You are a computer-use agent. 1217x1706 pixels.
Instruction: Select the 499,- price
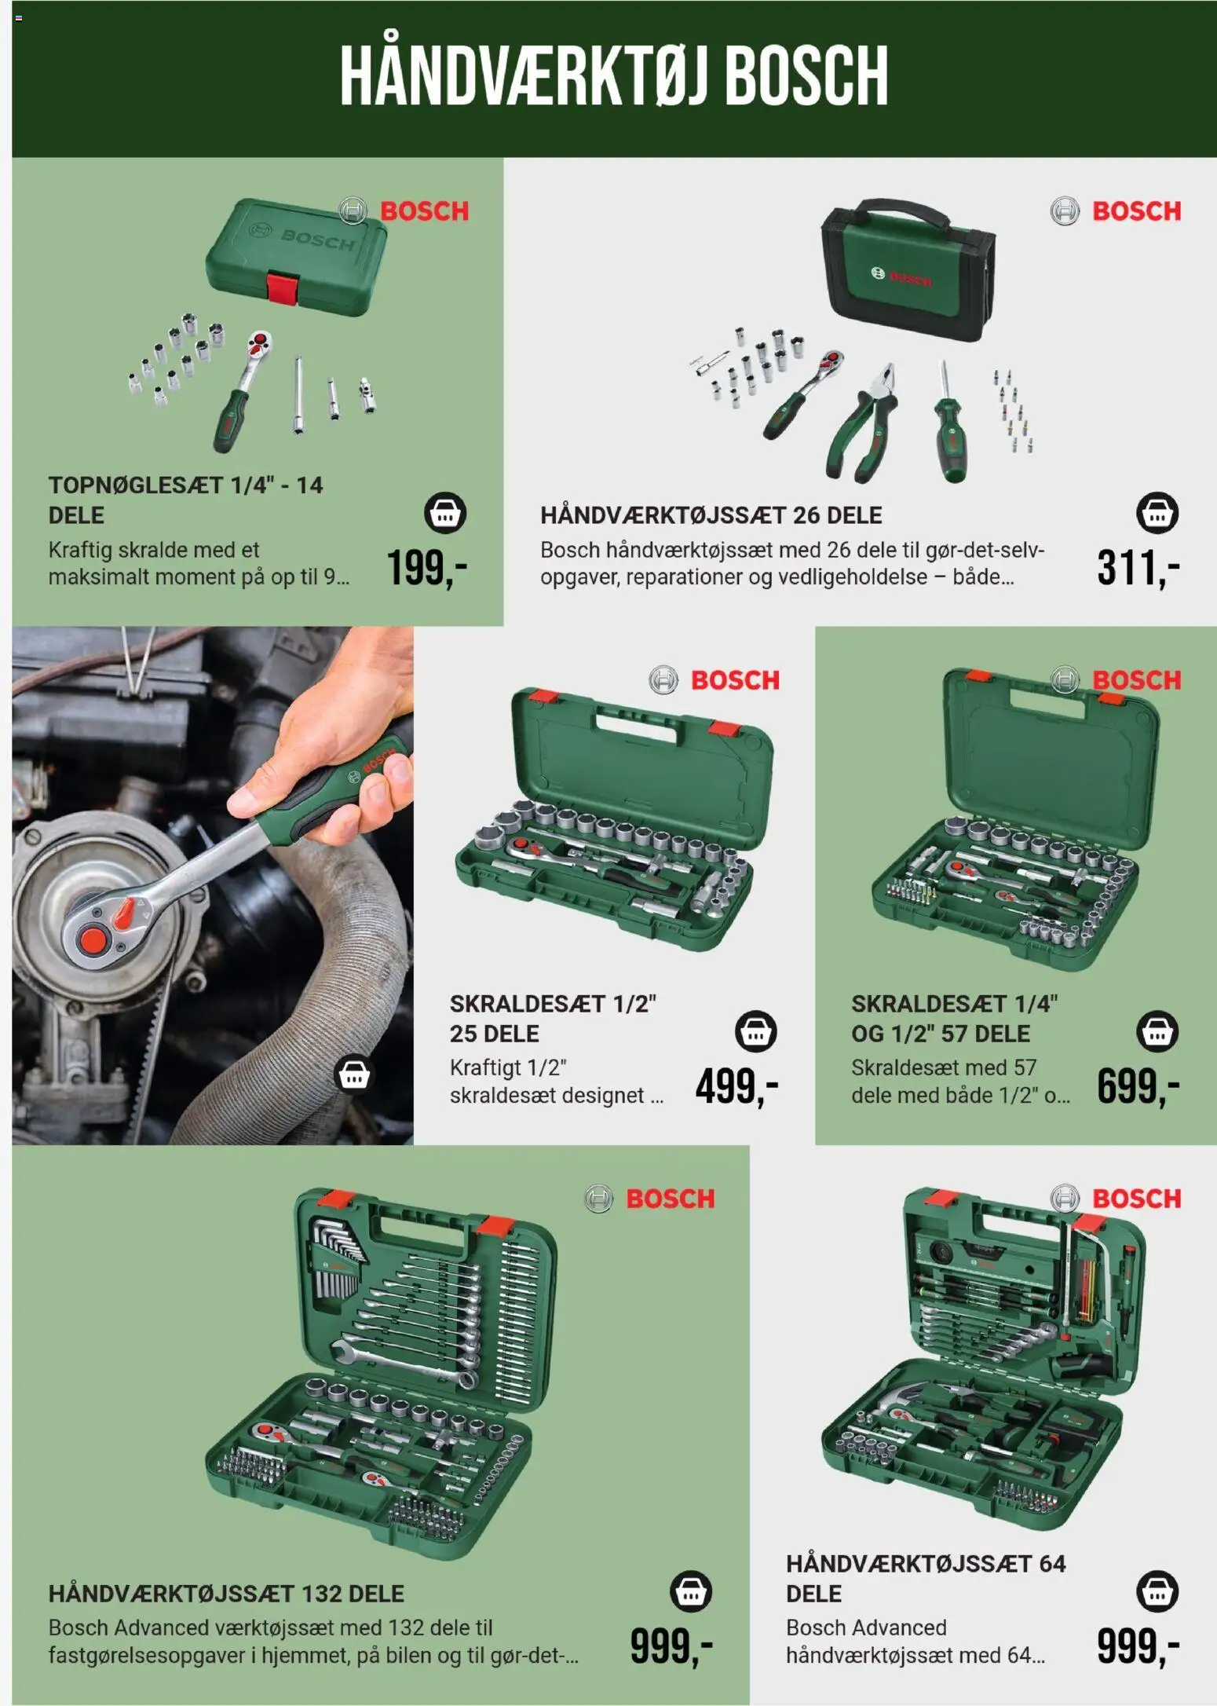click(x=736, y=1086)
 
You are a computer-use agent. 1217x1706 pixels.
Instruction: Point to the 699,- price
click(x=1138, y=1086)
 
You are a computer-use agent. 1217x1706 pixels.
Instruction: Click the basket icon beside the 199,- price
click(x=445, y=514)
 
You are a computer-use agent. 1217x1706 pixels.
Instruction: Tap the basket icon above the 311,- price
click(x=1157, y=514)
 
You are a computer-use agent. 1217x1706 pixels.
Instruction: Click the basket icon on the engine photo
click(x=353, y=1074)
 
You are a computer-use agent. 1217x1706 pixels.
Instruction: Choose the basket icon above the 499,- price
click(x=755, y=1031)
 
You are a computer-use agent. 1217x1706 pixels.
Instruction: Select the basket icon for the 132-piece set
click(x=691, y=1591)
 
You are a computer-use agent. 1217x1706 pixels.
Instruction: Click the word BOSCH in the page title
click(x=806, y=75)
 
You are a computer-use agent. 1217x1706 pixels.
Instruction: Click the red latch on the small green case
click(x=283, y=287)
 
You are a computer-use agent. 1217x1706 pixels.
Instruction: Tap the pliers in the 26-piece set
click(x=862, y=421)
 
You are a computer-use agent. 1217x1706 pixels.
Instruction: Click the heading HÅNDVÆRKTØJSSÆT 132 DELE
click(x=226, y=1594)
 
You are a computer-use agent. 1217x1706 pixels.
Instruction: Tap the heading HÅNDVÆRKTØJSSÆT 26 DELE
click(x=711, y=515)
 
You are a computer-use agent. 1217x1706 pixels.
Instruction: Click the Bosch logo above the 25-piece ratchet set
click(x=714, y=680)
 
